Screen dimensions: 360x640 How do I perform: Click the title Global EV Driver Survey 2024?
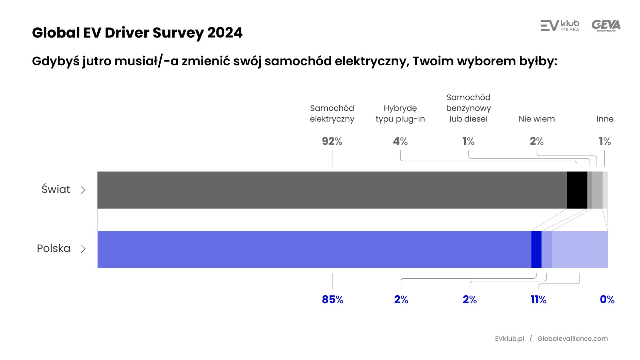point(137,33)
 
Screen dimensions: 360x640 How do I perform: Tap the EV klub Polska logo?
point(560,26)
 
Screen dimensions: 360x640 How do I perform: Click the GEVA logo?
point(606,26)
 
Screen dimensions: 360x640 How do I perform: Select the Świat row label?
point(56,189)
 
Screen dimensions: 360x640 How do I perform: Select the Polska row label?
point(54,248)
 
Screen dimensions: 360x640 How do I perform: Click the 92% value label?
point(332,141)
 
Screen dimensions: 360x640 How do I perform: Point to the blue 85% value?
point(333,299)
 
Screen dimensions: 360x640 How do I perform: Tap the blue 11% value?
point(538,299)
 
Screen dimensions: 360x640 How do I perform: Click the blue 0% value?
point(607,299)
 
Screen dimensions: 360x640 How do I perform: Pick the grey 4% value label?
point(400,141)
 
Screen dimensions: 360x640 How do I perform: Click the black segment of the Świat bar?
point(577,190)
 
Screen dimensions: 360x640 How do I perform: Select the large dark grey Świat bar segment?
point(332,190)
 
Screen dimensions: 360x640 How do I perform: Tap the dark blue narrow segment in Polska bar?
point(536,249)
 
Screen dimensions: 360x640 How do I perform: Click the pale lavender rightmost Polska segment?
point(579,249)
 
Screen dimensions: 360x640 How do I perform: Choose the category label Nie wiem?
point(537,119)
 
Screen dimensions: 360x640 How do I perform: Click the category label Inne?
point(605,119)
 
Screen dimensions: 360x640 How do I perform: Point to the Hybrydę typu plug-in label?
point(400,114)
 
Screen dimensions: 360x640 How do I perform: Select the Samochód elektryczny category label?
point(332,114)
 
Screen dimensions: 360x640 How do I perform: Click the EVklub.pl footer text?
point(509,339)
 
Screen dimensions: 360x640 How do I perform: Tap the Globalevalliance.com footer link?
point(572,339)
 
